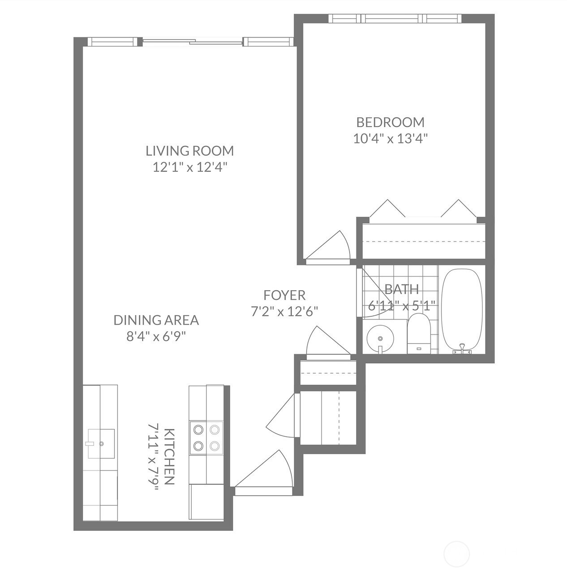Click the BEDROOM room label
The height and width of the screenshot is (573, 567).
tap(390, 122)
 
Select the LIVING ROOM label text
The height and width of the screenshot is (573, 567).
tap(190, 151)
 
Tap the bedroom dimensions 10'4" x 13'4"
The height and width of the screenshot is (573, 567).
tap(390, 139)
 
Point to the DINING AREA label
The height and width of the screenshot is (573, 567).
tap(156, 320)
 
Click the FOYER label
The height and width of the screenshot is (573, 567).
tap(284, 295)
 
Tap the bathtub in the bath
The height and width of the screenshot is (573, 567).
tap(462, 309)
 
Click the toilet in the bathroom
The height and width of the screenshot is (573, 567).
tap(419, 334)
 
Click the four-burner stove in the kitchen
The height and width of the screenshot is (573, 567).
tap(206, 438)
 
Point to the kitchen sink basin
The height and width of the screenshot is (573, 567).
tap(101, 444)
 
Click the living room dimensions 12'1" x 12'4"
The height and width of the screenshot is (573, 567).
tap(190, 167)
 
